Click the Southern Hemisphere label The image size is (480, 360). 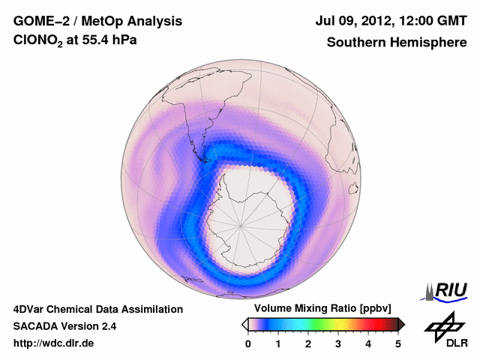tap(397, 43)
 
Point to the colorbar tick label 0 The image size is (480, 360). tap(248, 343)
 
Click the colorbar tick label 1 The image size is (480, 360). tap(278, 343)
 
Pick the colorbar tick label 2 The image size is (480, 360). tap(308, 343)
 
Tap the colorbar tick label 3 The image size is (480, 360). tap(338, 343)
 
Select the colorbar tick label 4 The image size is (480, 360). tap(368, 343)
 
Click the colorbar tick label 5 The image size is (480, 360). tap(398, 343)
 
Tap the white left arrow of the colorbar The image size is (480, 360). tap(244, 324)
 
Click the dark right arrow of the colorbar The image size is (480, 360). tap(402, 324)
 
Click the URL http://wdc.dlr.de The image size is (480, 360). tap(54, 343)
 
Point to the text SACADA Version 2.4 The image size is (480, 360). tap(64, 326)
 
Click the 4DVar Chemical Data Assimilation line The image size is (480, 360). tap(97, 309)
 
